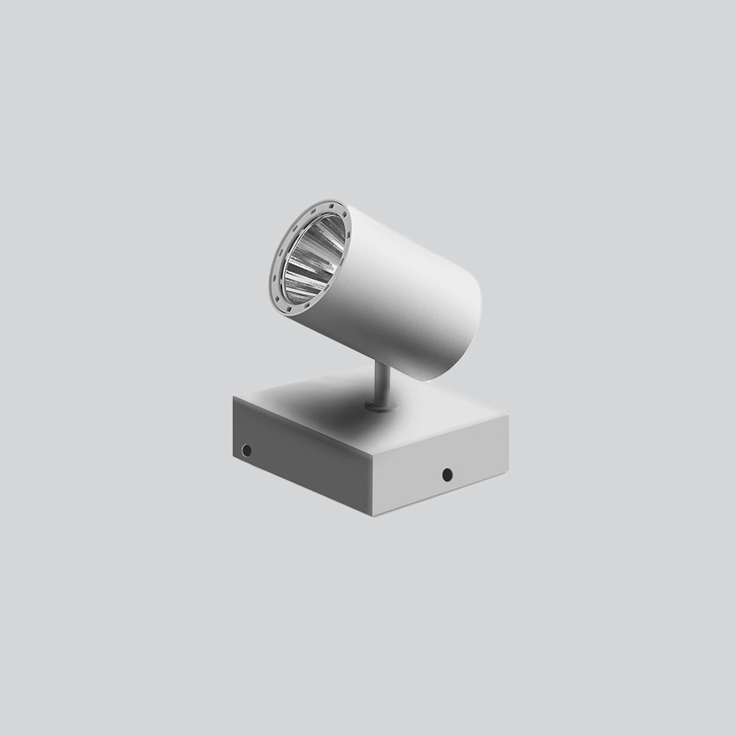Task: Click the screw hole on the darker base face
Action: click(x=247, y=450)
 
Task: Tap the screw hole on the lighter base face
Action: click(x=447, y=474)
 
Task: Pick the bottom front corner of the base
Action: click(x=377, y=516)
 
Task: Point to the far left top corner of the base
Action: click(x=234, y=397)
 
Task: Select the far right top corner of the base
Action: click(x=508, y=414)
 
